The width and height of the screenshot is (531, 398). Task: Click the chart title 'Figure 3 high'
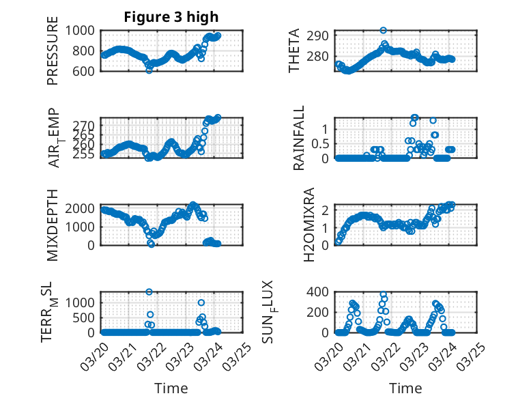click(x=171, y=17)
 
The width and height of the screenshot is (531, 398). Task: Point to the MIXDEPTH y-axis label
click(x=53, y=224)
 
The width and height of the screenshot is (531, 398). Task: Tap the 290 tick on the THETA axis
click(x=322, y=35)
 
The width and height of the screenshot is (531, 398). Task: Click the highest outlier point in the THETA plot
click(x=384, y=31)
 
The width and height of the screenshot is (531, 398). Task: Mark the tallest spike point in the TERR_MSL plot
click(x=149, y=292)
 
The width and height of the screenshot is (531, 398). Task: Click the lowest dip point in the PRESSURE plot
click(x=149, y=70)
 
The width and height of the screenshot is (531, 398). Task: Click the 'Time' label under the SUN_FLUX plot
click(x=405, y=388)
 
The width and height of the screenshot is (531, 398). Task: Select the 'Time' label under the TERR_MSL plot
click(x=172, y=388)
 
